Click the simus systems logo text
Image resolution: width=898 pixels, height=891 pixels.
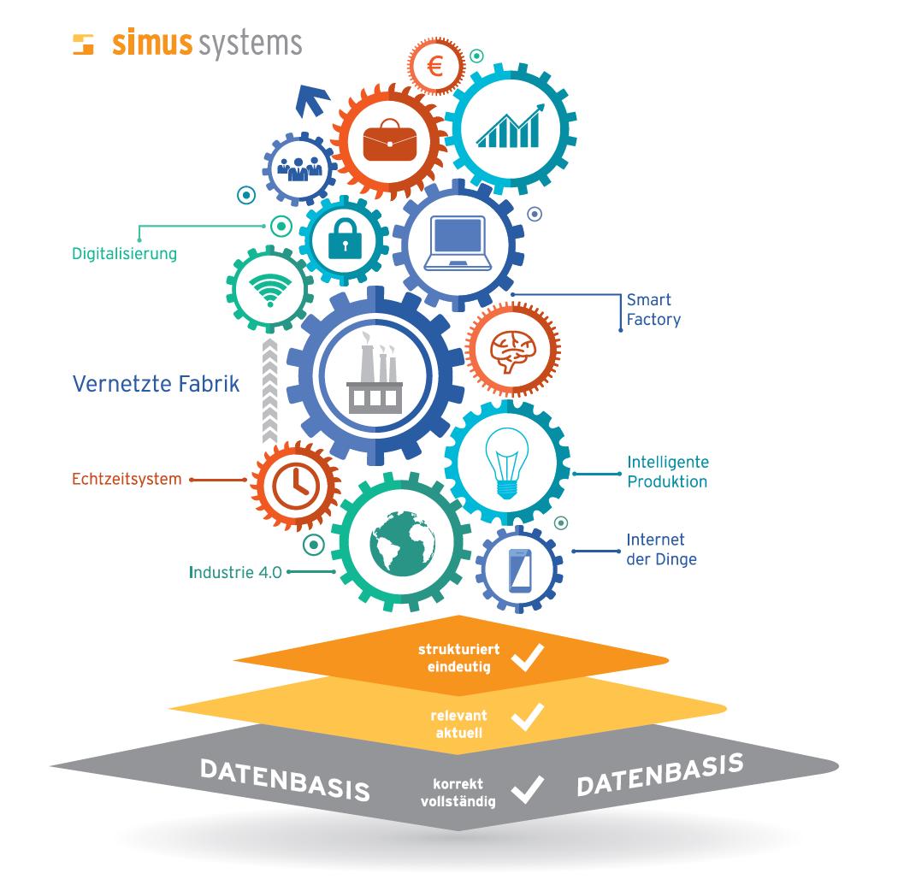tap(206, 44)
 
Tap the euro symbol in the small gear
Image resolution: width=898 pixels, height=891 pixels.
tap(434, 67)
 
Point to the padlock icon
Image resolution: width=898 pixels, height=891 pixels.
tap(342, 239)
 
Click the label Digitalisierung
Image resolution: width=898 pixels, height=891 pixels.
tap(124, 254)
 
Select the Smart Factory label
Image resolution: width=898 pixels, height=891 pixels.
tap(653, 310)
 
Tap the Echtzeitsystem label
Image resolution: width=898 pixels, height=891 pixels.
tap(127, 479)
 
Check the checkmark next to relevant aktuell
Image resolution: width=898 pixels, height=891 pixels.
tap(527, 717)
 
